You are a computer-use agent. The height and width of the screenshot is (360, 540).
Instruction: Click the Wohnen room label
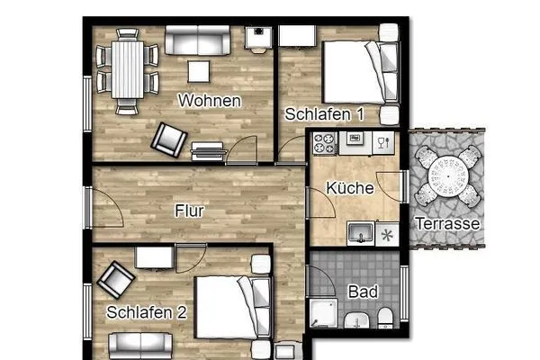pyautogui.click(x=210, y=101)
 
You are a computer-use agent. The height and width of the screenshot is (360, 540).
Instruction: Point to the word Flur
pyautogui.click(x=189, y=212)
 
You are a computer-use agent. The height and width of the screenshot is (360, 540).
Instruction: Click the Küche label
pyautogui.click(x=344, y=190)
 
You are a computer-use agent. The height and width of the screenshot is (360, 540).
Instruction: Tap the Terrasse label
pyautogui.click(x=446, y=223)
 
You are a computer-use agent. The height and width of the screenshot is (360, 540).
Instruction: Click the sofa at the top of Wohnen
pyautogui.click(x=196, y=40)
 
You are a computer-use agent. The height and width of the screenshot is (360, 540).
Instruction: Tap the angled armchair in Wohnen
pyautogui.click(x=167, y=138)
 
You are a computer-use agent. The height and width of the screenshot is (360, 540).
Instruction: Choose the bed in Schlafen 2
pyautogui.click(x=230, y=308)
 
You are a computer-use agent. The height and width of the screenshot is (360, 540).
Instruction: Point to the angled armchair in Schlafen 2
pyautogui.click(x=114, y=280)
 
